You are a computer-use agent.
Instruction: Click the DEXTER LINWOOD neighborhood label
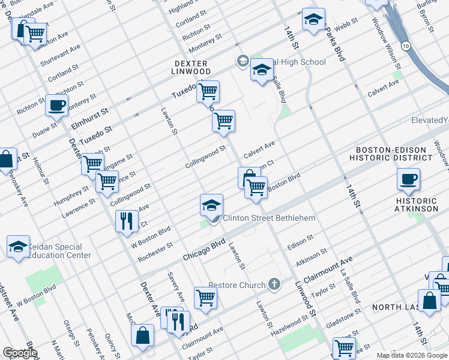tap(191, 67)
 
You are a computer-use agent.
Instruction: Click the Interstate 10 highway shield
tap(406, 46)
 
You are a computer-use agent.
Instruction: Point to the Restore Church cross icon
tap(274, 284)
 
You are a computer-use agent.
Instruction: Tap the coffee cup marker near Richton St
tap(57, 104)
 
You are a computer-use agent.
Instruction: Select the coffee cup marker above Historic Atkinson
tap(408, 178)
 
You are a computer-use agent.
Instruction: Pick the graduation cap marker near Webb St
tap(313, 19)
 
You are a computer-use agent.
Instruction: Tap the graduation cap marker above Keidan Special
tap(19, 246)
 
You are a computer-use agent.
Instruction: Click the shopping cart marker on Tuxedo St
tap(208, 91)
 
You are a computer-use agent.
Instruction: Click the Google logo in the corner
tap(20, 353)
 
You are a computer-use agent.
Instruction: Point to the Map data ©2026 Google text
tap(412, 355)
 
